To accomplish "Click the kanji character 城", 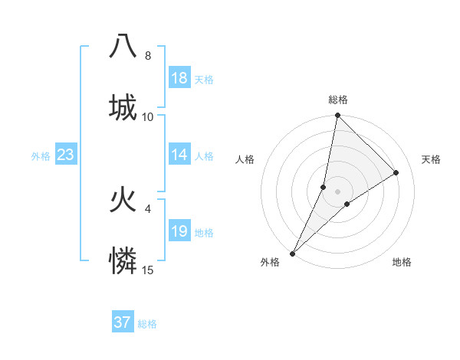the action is (x=123, y=107).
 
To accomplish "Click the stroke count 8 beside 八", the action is (x=148, y=56).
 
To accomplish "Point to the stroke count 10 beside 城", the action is (x=148, y=117).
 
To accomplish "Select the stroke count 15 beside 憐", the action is (x=148, y=270).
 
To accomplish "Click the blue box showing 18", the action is (x=179, y=78).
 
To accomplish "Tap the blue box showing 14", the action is (x=179, y=155).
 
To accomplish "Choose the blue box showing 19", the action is (x=179, y=231).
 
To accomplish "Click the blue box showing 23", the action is (x=66, y=155).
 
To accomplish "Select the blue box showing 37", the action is (x=123, y=322).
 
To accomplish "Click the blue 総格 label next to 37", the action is (x=147, y=324).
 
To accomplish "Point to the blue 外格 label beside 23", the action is (x=41, y=156).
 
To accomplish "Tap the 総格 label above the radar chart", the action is (x=337, y=100).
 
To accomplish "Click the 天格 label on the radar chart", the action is (x=432, y=159).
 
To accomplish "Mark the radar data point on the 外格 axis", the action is (x=292, y=253).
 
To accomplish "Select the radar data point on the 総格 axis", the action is (x=337, y=116).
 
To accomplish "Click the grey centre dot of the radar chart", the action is (x=337, y=191).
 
